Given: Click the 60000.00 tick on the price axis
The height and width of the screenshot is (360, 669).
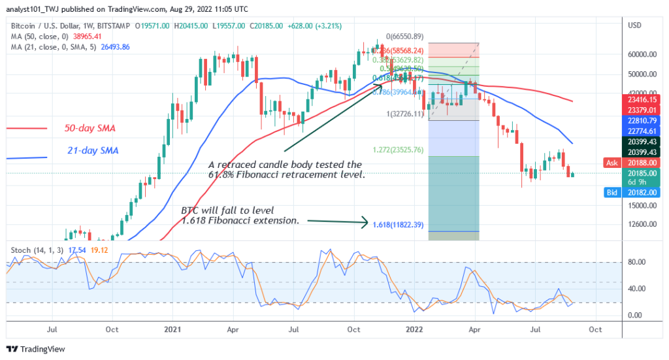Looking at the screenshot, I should [x=641, y=55].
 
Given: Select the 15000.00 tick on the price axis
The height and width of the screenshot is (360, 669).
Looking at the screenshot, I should [x=641, y=205].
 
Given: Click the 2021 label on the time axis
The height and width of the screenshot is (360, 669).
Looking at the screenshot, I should [x=173, y=331].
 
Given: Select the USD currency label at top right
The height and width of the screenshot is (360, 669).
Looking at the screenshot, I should [x=634, y=25].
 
